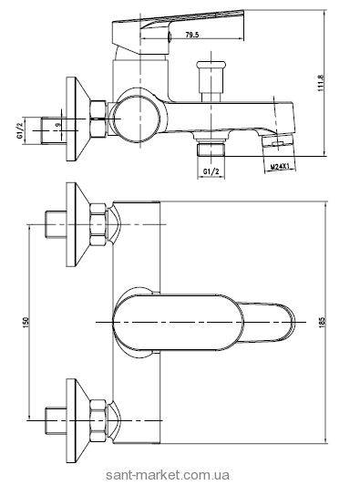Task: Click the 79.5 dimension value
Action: click(191, 35)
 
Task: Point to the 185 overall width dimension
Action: click(324, 322)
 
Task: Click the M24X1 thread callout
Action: click(280, 167)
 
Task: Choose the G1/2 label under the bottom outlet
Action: click(211, 170)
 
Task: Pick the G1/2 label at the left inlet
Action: click(20, 130)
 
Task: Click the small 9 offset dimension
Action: click(57, 124)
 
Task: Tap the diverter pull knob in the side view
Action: click(211, 80)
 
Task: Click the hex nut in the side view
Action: click(98, 119)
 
